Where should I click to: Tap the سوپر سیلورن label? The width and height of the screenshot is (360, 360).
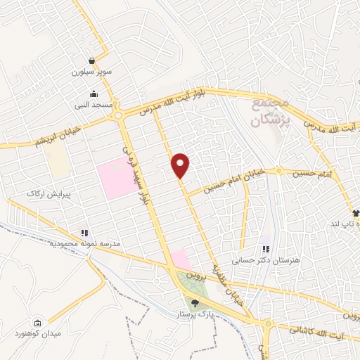point(92,72)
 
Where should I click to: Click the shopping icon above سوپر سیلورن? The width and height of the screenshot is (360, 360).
point(92,61)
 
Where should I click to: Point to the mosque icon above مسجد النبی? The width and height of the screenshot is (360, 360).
point(94,95)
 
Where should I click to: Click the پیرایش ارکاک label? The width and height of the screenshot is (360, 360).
point(46,193)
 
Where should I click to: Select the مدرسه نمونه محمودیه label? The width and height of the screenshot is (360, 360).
point(84,243)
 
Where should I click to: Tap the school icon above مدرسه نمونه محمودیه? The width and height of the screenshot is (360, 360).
point(84,233)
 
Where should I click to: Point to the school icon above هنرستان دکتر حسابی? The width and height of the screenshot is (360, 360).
point(265,249)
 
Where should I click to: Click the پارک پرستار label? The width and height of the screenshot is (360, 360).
point(194,315)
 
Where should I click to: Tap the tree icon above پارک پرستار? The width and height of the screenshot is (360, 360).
point(195,304)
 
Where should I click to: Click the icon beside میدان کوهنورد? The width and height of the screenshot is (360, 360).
point(37,325)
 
